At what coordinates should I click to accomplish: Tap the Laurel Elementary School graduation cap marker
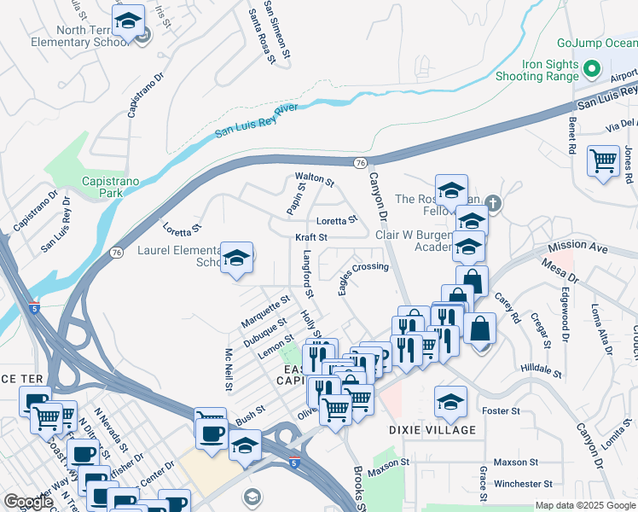[236, 258]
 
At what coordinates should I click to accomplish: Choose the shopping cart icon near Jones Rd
[603, 160]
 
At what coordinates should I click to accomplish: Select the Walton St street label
[314, 179]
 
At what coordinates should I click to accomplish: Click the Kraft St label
[311, 237]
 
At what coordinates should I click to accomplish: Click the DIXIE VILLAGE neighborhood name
[432, 430]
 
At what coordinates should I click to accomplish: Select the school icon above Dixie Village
[450, 400]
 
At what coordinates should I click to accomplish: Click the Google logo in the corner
[28, 502]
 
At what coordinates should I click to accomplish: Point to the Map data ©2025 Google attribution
[583, 505]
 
